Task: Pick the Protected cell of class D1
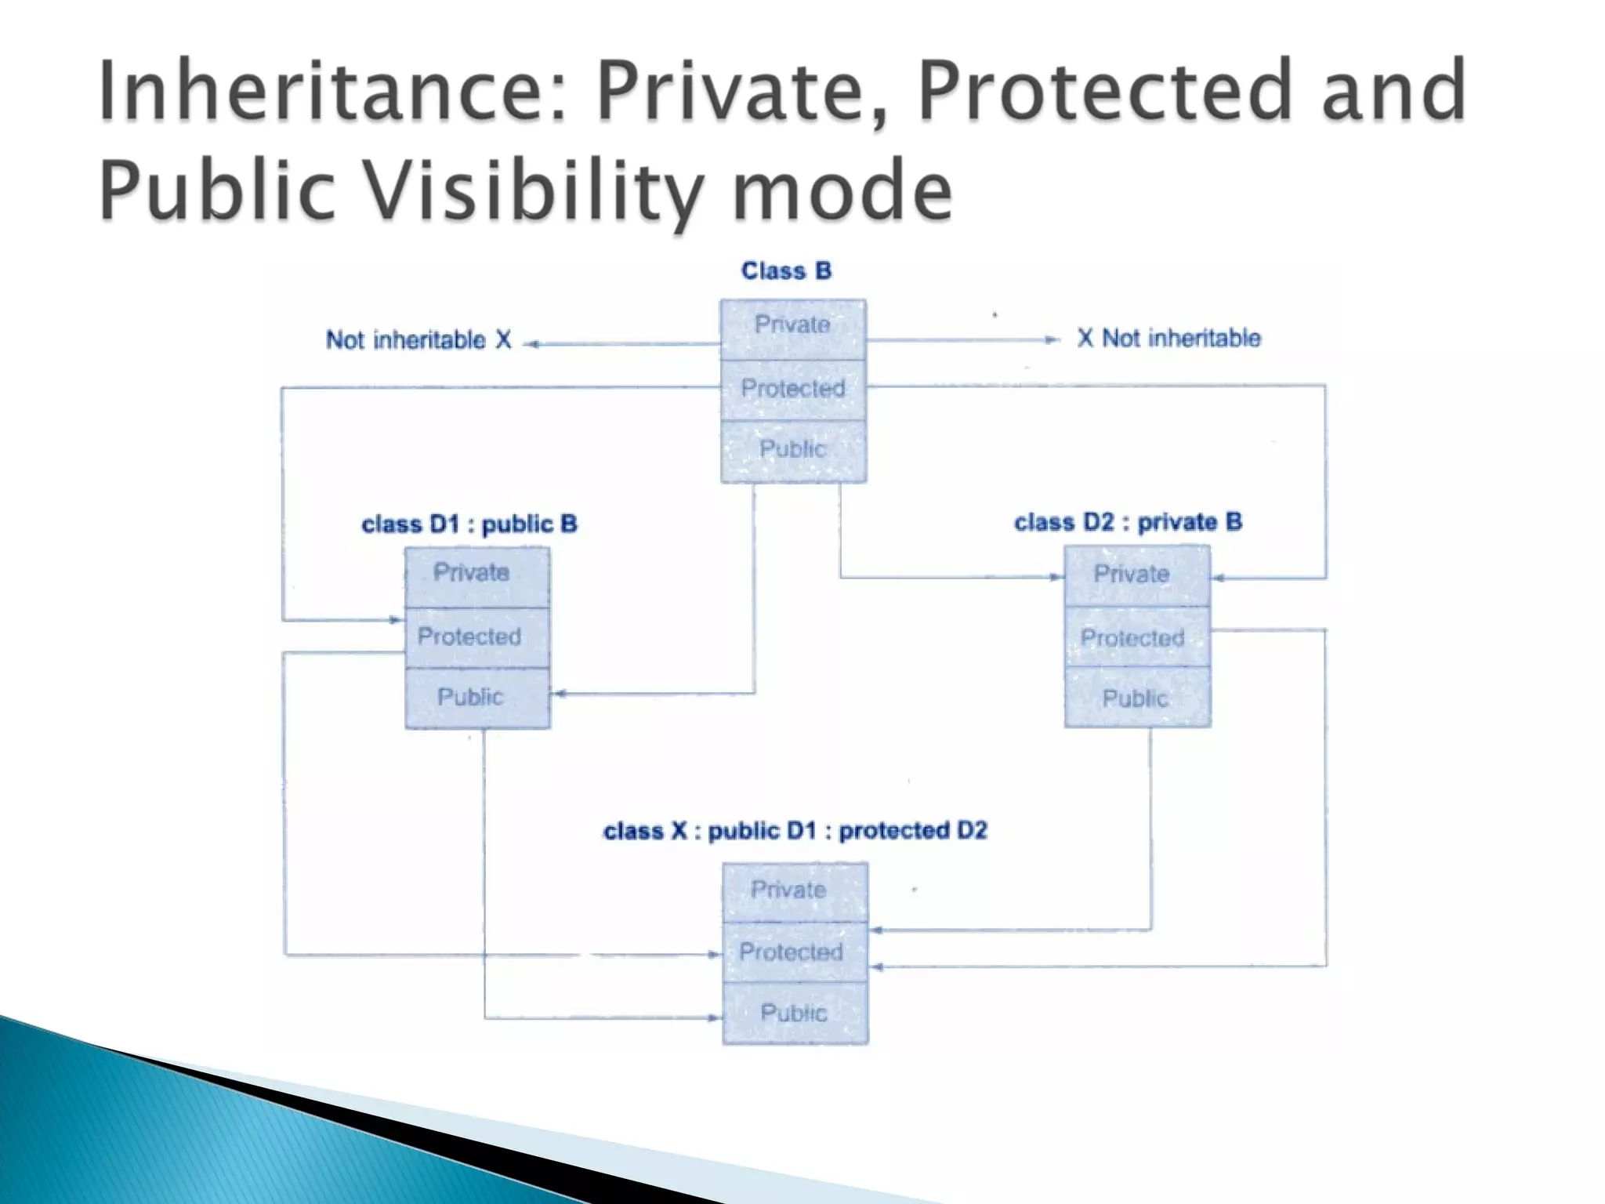pos(477,637)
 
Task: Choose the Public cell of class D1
pos(477,698)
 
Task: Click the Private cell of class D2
pos(1136,575)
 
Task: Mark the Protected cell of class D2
pos(1136,636)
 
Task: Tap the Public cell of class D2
pos(1136,698)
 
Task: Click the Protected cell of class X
pos(795,952)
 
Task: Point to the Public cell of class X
pos(795,1013)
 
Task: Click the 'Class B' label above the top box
pos(786,271)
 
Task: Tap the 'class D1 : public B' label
pos(469,524)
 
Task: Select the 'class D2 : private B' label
pos(1128,523)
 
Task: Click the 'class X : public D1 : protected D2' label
pos(795,831)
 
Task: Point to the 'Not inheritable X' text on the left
pos(418,340)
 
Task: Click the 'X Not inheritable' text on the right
pos(1168,339)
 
